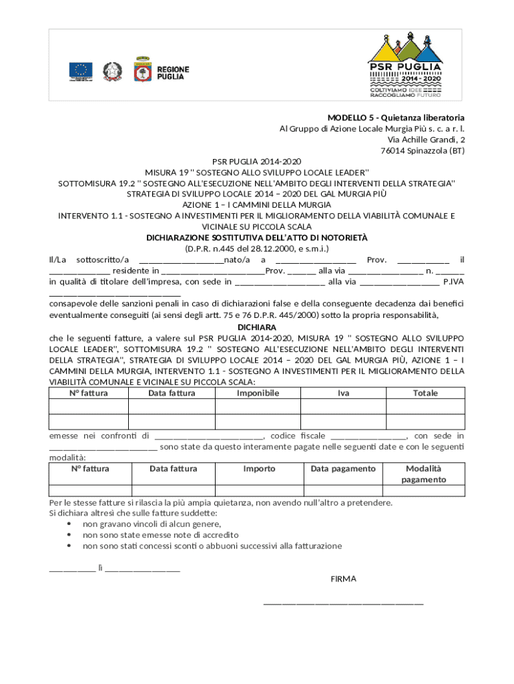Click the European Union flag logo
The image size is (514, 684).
click(x=81, y=70)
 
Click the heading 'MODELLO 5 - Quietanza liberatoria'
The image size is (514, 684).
click(x=396, y=118)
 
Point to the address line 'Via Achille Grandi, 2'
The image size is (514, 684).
click(x=426, y=140)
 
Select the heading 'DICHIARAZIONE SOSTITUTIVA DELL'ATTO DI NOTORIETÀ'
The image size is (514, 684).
click(x=257, y=238)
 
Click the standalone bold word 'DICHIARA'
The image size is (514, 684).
click(x=257, y=328)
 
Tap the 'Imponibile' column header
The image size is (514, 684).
click(x=258, y=393)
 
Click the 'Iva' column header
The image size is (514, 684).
click(x=343, y=393)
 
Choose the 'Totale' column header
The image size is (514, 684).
click(x=425, y=393)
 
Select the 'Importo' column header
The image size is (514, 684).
click(x=259, y=469)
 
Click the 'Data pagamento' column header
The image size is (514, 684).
click(x=343, y=469)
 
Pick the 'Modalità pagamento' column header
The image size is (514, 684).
click(x=424, y=474)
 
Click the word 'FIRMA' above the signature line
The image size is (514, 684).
click(x=344, y=579)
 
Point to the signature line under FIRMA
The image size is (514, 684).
click(x=343, y=603)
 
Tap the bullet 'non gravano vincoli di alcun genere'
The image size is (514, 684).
click(x=152, y=524)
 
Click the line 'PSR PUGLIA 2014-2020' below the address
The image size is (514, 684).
click(x=257, y=162)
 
